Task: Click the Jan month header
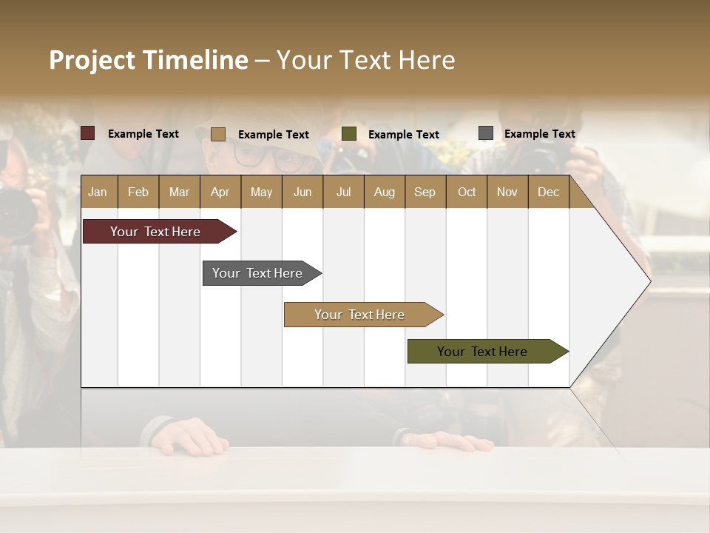[x=98, y=192]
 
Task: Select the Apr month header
[x=220, y=192]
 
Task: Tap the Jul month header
[x=343, y=192]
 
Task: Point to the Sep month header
[x=425, y=192]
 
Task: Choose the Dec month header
[x=548, y=192]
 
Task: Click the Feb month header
[x=138, y=192]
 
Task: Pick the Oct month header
[x=467, y=192]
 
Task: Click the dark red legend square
[x=87, y=133]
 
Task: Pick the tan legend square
[x=218, y=134]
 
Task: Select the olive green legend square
[x=349, y=134]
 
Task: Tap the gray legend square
[x=486, y=133]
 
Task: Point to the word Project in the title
[x=92, y=60]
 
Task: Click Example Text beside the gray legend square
[x=539, y=134]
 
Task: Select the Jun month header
[x=302, y=192]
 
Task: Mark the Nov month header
[x=507, y=192]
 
